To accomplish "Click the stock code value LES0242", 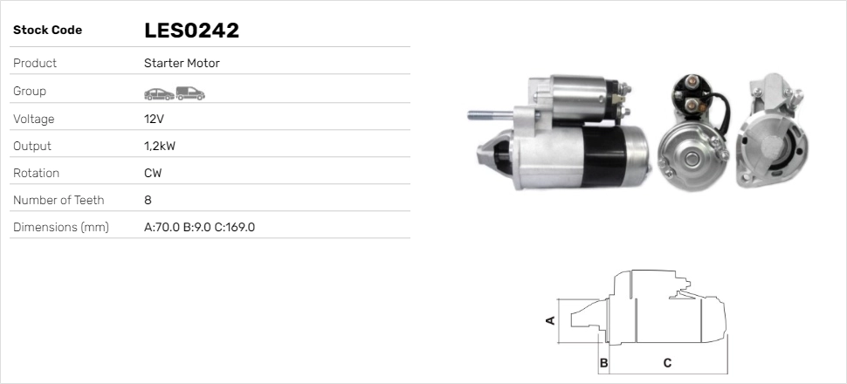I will point(191,31).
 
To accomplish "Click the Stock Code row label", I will point(47,31).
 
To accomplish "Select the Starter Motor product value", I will point(182,64).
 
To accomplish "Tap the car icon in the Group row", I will point(158,93).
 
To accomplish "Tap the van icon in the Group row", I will point(189,93).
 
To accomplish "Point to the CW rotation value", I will point(153,173).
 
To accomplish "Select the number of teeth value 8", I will point(148,200).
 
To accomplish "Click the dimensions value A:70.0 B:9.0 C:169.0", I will point(199,227).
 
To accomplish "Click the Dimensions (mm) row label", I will point(60,227).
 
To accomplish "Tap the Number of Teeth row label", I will point(59,200).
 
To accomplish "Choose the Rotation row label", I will point(36,173).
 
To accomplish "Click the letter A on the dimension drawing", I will point(550,320).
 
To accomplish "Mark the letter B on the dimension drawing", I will point(603,362).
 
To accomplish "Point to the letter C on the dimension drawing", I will point(666,362).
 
